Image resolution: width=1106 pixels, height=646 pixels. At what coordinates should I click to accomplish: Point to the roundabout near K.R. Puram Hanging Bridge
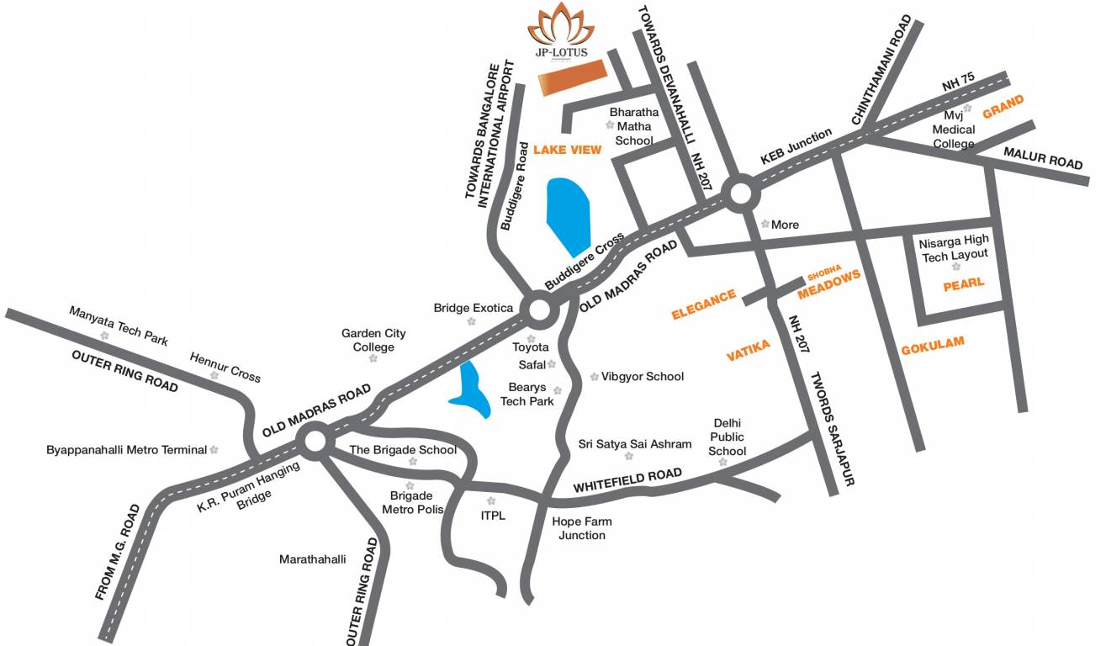click(315, 441)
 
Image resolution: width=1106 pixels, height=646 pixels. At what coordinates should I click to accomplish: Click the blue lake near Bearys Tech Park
click(472, 390)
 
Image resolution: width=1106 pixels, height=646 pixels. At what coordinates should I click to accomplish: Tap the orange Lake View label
click(568, 150)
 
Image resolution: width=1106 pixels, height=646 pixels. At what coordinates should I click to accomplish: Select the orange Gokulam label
click(932, 346)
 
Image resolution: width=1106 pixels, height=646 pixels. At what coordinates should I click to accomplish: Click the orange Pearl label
click(964, 283)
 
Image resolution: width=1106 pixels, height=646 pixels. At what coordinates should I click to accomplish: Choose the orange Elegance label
click(703, 305)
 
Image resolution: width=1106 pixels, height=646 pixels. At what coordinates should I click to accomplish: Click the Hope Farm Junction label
click(581, 528)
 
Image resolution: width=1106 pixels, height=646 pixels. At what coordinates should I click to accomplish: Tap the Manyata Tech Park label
click(119, 326)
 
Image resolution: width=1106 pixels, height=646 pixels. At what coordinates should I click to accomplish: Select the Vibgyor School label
click(643, 377)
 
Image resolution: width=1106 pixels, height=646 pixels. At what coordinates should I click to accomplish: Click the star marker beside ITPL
click(491, 500)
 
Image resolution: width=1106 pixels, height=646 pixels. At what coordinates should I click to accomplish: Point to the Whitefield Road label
click(627, 481)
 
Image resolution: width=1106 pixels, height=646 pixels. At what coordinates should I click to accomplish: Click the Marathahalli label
click(312, 559)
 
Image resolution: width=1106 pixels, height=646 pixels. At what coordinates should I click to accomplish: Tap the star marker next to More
click(765, 224)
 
